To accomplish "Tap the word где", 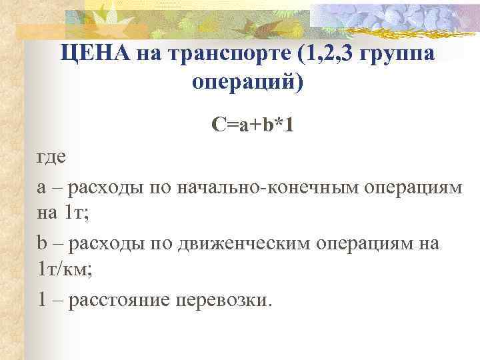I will click(51, 158).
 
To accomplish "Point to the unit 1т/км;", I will click(65, 269).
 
